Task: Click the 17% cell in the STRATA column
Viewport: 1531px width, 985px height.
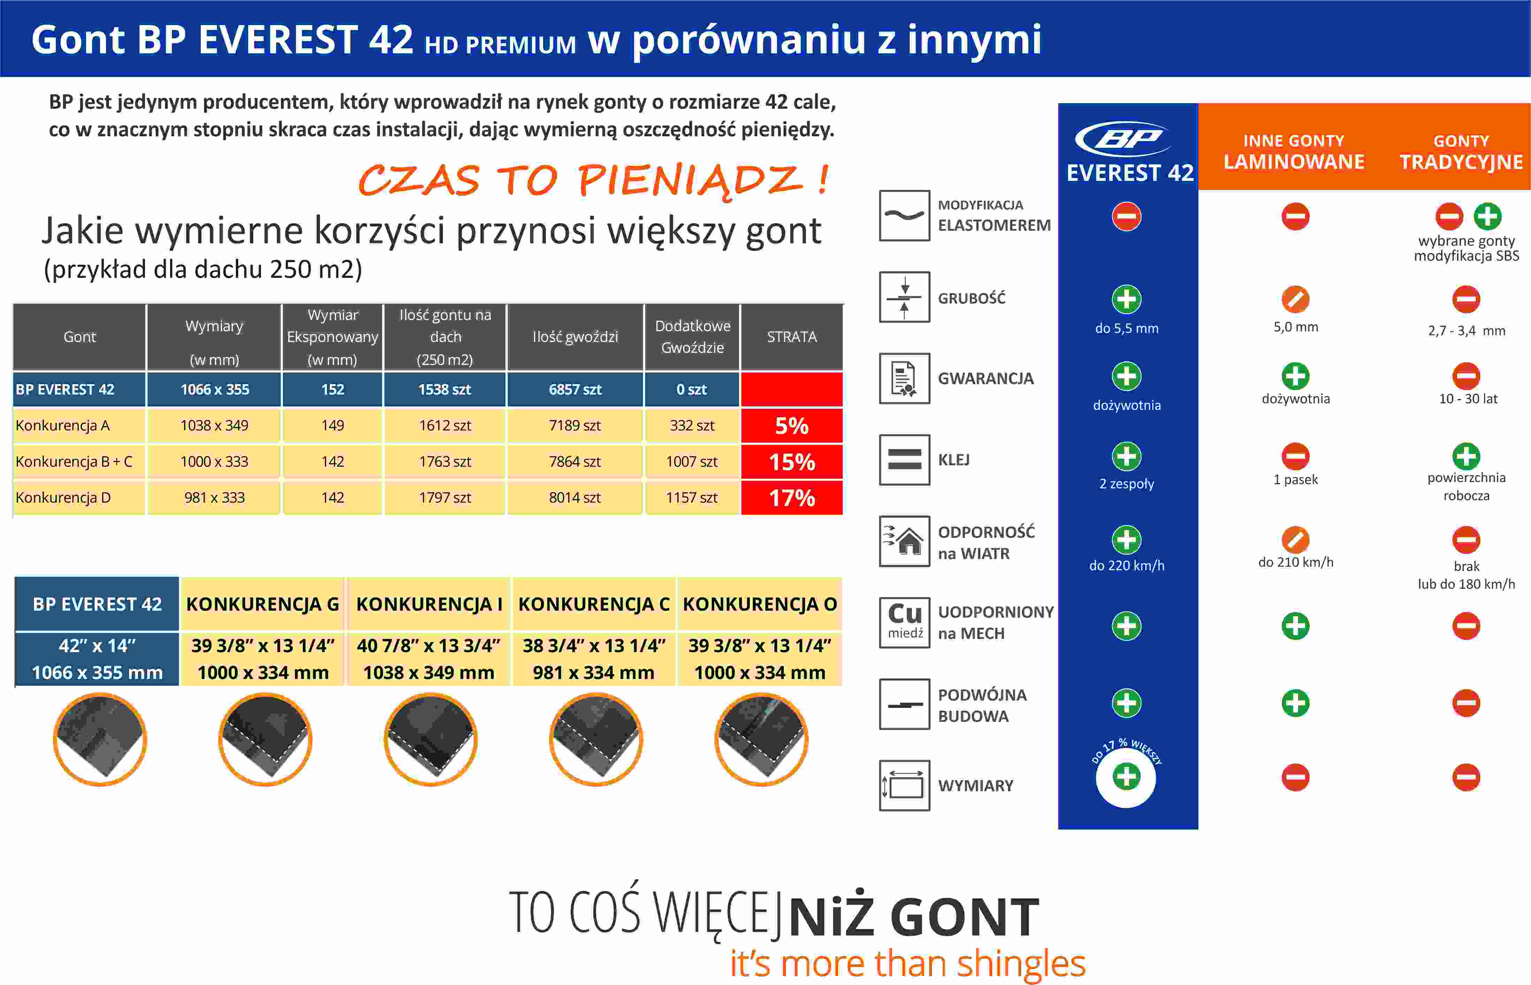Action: pos(792,498)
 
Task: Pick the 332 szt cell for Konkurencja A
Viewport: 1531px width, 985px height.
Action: pos(692,425)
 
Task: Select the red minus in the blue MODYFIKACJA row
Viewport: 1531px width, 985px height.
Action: pos(1126,216)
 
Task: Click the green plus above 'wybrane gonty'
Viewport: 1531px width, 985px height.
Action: pos(1487,216)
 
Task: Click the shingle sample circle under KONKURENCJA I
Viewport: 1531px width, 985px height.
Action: pos(431,739)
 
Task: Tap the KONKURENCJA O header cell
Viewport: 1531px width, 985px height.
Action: pos(760,604)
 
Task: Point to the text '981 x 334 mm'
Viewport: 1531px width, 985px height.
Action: pos(593,673)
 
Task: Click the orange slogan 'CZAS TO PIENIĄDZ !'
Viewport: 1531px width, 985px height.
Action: pos(593,180)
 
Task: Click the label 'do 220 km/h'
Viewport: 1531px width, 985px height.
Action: pos(1127,565)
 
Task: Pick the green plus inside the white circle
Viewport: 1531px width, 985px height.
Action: pos(1126,777)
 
